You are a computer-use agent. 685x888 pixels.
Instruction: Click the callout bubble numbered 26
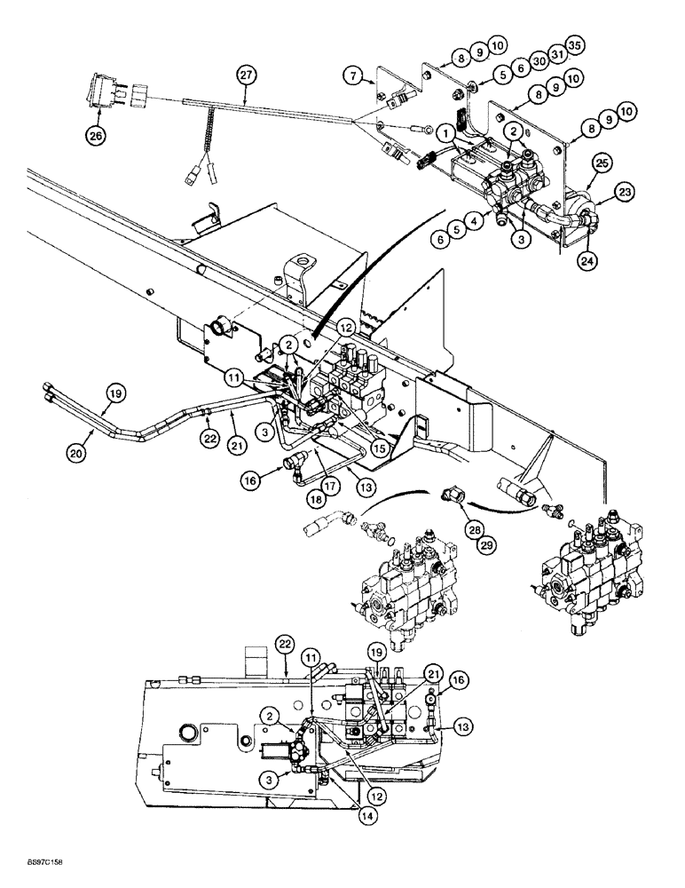click(x=95, y=136)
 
